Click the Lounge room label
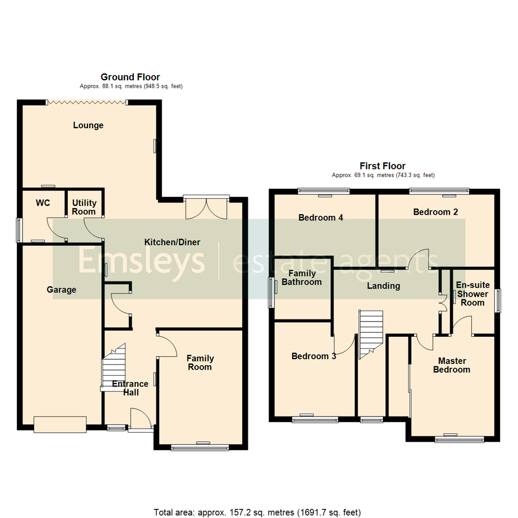point(88,125)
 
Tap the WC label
point(43,203)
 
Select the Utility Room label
point(84,207)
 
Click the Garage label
point(61,290)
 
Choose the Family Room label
point(200,363)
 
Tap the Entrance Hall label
point(130,388)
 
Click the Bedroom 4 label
point(321,218)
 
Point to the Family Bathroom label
point(302,278)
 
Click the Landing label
point(383,286)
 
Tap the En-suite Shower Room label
point(472,294)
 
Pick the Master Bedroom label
point(451,365)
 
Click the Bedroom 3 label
point(314,356)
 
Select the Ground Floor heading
point(130,77)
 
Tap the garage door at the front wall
point(60,424)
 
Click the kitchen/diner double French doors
point(207,207)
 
